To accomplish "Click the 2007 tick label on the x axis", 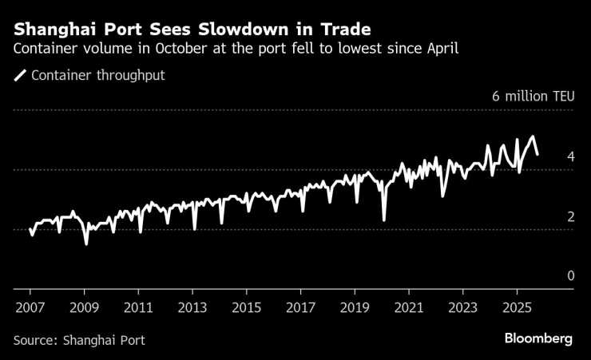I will pos(30,307).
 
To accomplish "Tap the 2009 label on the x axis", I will pos(84,307).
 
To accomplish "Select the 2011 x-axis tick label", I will pos(138,307).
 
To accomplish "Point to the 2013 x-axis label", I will pos(192,307).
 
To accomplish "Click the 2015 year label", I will pos(246,307).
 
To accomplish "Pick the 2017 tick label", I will pos(300,307).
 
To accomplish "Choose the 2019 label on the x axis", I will pos(355,307).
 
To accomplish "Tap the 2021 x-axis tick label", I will pos(409,307).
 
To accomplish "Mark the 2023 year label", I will pos(462,307).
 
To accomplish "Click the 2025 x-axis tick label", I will pos(517,307).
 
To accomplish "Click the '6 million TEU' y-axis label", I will pos(532,97).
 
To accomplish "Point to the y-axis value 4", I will pos(570,156).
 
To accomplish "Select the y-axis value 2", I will pos(570,216).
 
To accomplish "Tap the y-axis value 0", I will pos(570,276).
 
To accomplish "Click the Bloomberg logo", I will pos(538,338).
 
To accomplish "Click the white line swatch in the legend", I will pos(20,76).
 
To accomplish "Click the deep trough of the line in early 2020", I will pos(384,220).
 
